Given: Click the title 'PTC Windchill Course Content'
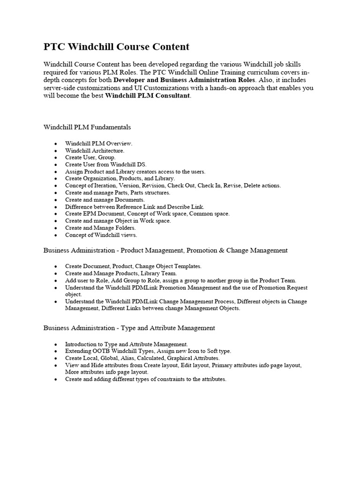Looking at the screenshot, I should (116, 47).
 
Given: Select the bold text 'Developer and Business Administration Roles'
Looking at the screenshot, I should (185, 80).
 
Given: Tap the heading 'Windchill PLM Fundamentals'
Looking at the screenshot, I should (87, 127).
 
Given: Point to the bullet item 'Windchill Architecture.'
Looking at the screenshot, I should (95, 150).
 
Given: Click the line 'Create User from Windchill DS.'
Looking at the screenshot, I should (105, 165).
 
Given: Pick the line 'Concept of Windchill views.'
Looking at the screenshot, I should (101, 234).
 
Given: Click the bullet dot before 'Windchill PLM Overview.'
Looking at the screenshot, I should (56, 144).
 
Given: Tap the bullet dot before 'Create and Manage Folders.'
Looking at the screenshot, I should (56, 228).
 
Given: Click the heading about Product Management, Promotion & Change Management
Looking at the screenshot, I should (165, 250).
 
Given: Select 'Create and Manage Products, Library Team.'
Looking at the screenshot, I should (121, 273).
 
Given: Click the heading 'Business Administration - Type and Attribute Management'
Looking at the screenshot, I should (129, 328).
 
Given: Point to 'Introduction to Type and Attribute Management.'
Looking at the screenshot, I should (127, 344).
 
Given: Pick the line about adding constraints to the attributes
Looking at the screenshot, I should (145, 379).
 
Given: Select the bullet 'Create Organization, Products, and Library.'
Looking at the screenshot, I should (120, 179).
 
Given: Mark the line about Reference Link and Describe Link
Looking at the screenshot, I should (135, 206).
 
